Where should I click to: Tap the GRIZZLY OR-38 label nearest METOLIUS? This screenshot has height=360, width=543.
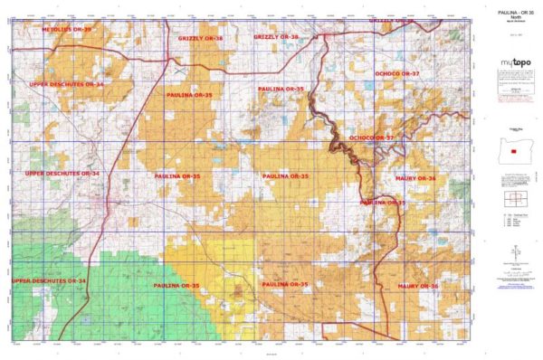click(x=200, y=39)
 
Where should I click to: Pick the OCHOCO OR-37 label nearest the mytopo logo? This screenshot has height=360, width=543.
click(x=397, y=72)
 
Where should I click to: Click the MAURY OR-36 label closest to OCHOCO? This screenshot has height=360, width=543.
click(x=416, y=179)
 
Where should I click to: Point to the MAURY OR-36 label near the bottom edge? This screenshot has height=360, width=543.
click(x=416, y=286)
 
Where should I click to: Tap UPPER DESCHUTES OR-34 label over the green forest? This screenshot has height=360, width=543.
click(x=49, y=281)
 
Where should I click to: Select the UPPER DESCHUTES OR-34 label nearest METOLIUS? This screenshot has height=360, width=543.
click(x=66, y=84)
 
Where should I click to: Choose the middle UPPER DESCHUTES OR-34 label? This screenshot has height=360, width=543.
click(x=62, y=173)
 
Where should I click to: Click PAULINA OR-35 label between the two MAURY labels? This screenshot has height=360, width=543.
click(x=383, y=203)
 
